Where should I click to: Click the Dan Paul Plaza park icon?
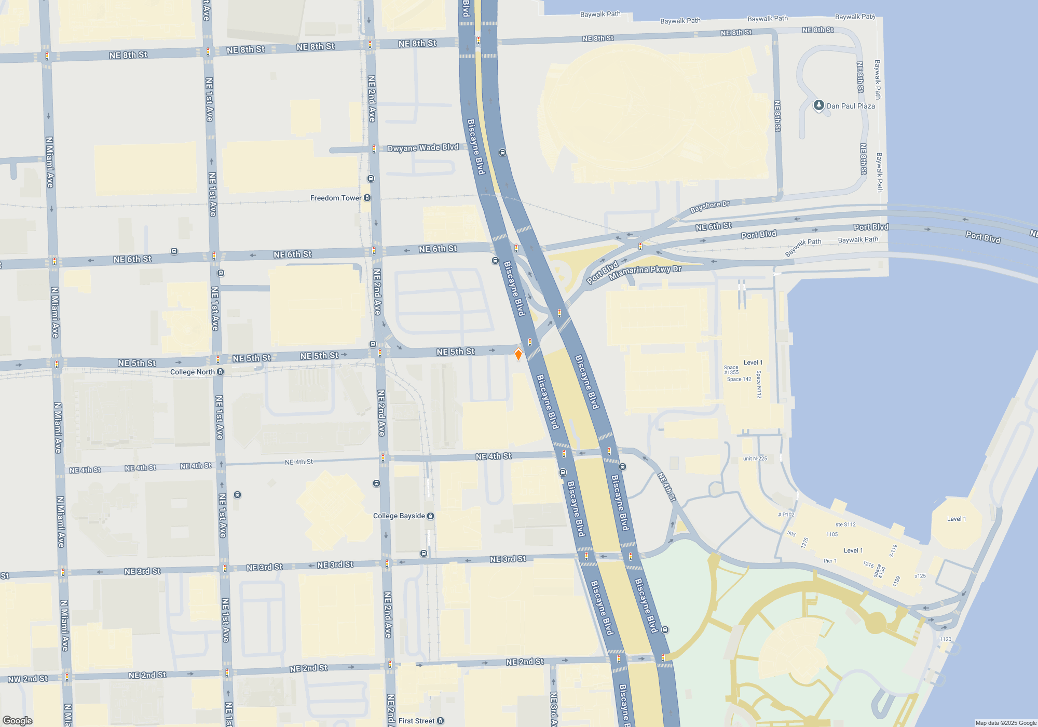coord(818,105)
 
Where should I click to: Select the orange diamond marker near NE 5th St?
coord(518,355)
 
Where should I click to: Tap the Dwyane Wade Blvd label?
coord(423,148)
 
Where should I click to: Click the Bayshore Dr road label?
coord(709,207)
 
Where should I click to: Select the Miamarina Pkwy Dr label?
coord(645,272)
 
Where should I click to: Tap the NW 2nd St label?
coord(28,679)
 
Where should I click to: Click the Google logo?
coord(17,721)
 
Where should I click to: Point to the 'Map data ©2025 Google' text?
coord(1005,723)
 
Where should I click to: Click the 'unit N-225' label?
coord(755,459)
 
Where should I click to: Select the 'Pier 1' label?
coord(830,561)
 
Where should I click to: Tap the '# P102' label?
coord(786,515)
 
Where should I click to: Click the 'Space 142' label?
coord(739,379)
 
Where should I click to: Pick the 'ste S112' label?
coord(845,524)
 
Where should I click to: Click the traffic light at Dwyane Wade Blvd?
coord(374,149)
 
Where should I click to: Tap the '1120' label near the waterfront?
coord(945,639)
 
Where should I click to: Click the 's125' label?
coord(920,576)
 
